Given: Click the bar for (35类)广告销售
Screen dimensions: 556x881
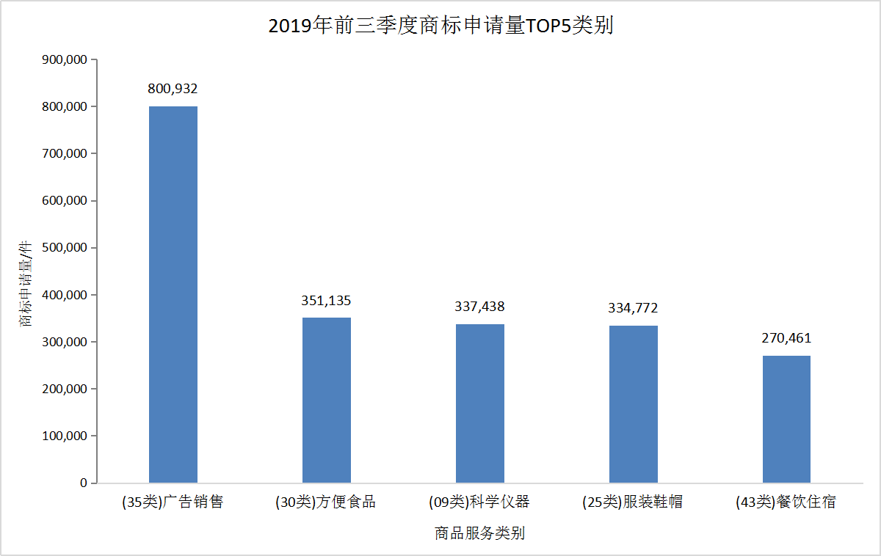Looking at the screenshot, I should tap(173, 294).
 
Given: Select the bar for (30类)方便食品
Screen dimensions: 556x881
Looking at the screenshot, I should tap(327, 400).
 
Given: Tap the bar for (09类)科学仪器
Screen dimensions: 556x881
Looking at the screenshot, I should tap(480, 403).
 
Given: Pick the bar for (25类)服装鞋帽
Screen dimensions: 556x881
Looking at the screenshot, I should tap(634, 404).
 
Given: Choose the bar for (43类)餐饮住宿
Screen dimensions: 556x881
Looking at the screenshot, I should tap(786, 419).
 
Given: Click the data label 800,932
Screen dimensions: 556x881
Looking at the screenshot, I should tap(173, 89).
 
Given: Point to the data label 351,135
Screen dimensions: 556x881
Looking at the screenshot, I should tap(327, 300).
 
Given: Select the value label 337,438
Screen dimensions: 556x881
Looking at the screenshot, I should tap(480, 307).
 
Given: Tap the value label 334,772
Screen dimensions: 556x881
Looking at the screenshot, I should tap(633, 308).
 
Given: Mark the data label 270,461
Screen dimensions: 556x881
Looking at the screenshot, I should tap(786, 338).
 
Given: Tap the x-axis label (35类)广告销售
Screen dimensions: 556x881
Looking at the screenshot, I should tap(173, 502).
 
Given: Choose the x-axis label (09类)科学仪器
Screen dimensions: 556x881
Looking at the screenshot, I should tap(479, 502).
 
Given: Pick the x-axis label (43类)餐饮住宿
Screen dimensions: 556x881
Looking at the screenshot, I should tap(786, 502).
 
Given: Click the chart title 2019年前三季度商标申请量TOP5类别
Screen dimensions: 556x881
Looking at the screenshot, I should tap(440, 26).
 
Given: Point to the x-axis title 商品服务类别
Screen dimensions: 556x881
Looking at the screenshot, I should tap(479, 533).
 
